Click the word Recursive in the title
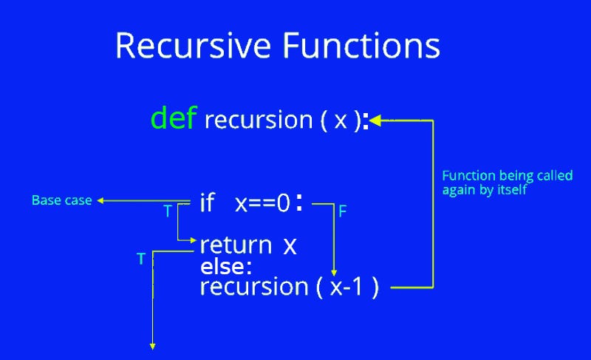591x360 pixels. pyautogui.click(x=191, y=46)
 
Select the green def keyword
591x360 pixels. pyautogui.click(x=174, y=118)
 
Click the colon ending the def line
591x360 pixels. pyautogui.click(x=365, y=121)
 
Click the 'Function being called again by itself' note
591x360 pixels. pyautogui.click(x=487, y=183)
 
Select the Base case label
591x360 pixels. pyautogui.click(x=61, y=200)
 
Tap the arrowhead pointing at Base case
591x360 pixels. pyautogui.click(x=102, y=200)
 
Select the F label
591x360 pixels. pyautogui.click(x=343, y=211)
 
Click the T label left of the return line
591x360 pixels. pyautogui.click(x=140, y=259)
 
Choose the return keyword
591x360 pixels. pyautogui.click(x=236, y=245)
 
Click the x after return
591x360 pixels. pyautogui.click(x=290, y=245)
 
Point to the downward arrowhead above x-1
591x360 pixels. pyautogui.click(x=335, y=273)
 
